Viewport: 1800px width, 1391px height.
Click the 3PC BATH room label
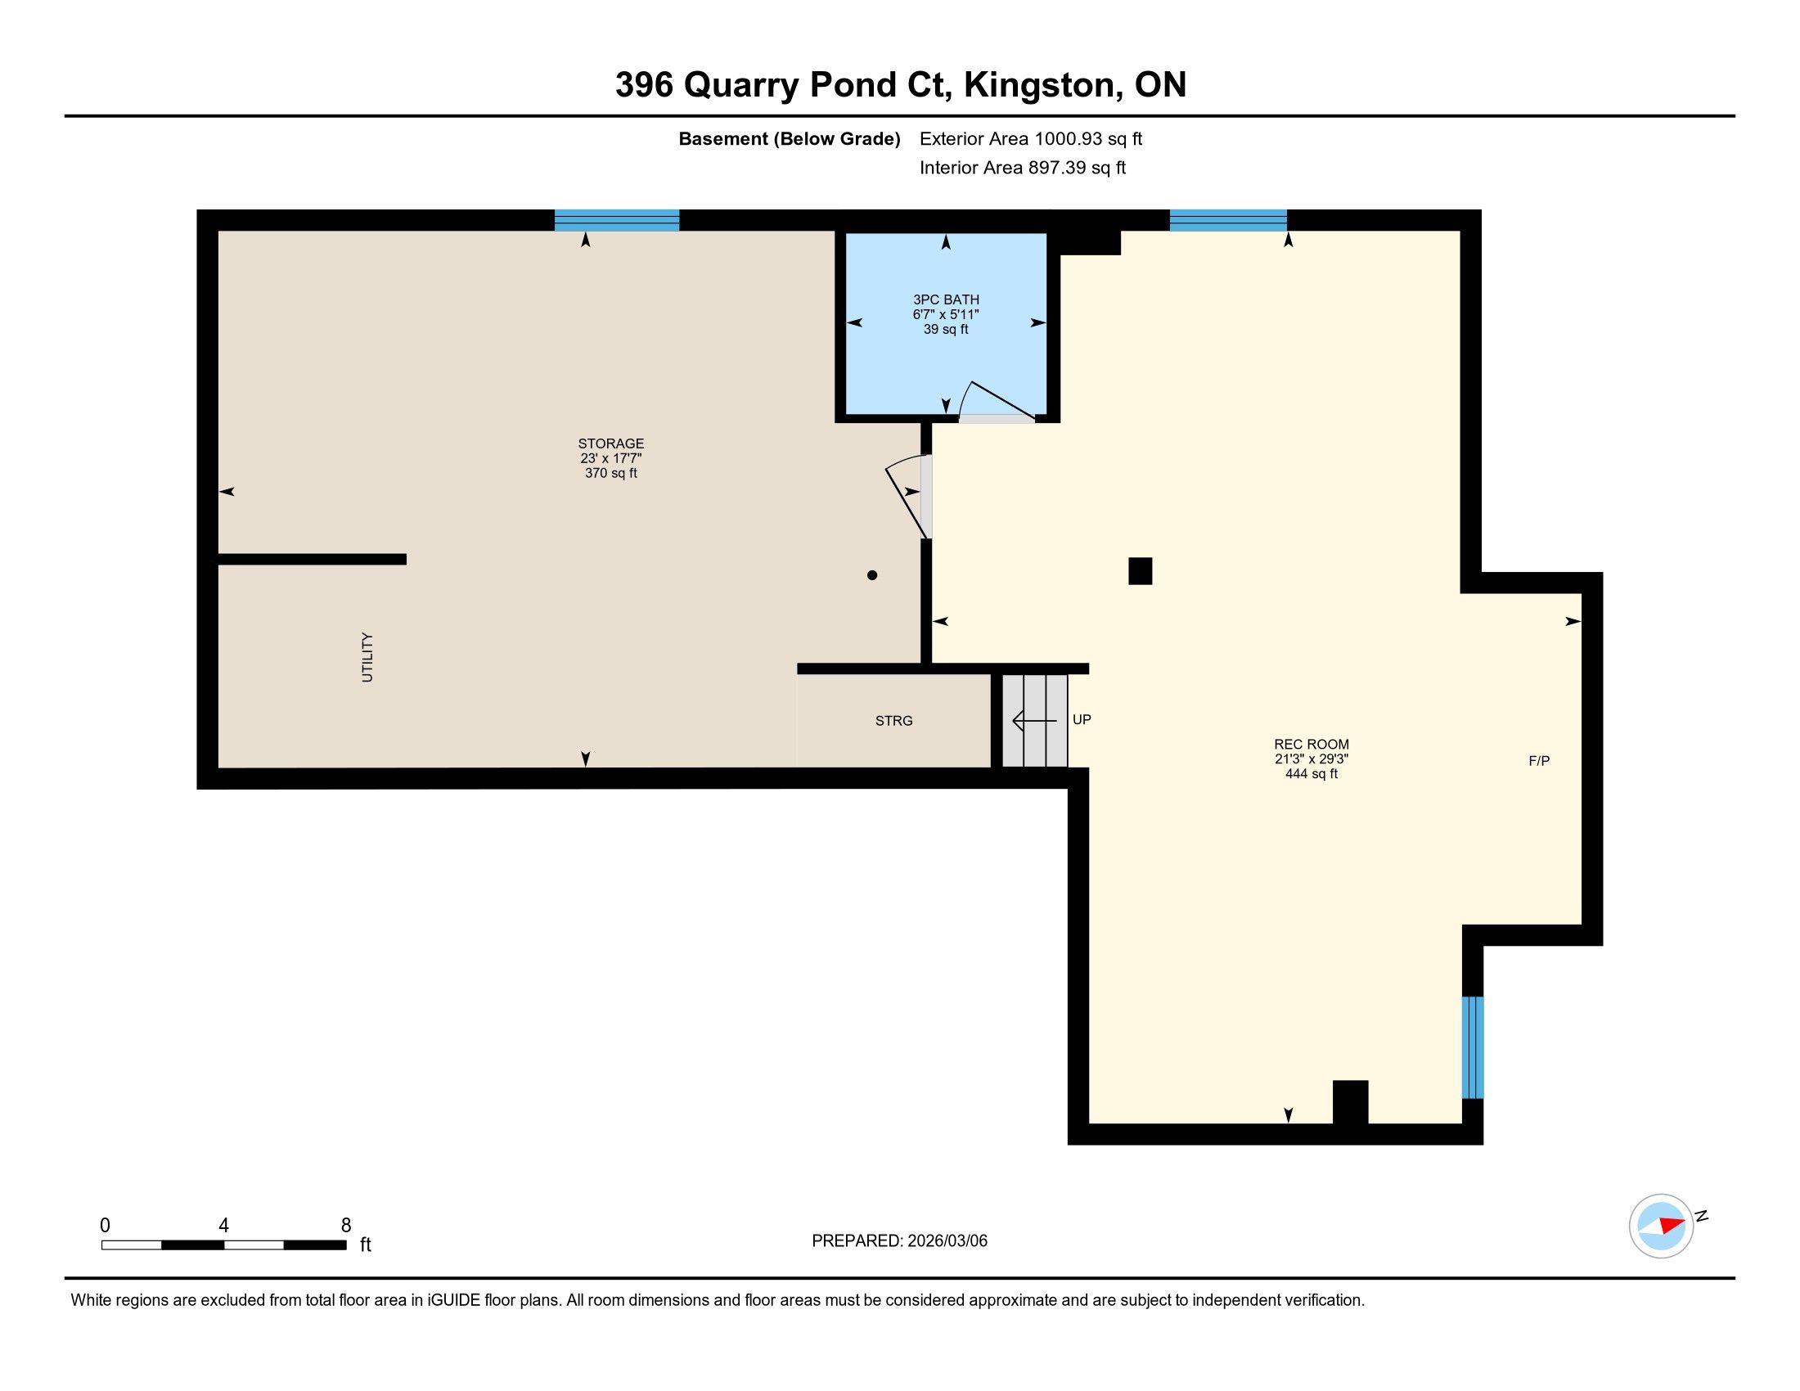click(x=945, y=300)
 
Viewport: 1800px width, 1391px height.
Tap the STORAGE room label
click(x=610, y=443)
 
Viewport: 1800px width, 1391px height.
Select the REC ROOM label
click(x=1312, y=744)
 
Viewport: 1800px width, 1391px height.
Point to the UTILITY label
click(x=367, y=657)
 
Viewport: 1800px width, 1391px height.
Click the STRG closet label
click(x=894, y=721)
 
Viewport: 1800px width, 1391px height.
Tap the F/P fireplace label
click(x=1539, y=761)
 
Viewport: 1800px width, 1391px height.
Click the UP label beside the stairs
click(x=1082, y=719)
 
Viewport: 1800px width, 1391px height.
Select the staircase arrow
click(x=1033, y=721)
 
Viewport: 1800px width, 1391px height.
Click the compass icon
click(x=1662, y=1226)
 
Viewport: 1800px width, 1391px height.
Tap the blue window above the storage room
click(x=616, y=220)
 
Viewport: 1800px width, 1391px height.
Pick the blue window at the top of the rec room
click(x=1228, y=220)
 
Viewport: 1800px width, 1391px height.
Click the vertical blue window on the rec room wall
click(x=1473, y=1047)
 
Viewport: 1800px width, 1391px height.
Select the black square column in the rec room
click(x=1140, y=571)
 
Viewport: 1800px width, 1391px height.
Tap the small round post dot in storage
click(x=872, y=575)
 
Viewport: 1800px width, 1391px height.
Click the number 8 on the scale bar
click(x=346, y=1225)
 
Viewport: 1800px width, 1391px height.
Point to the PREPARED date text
click(x=899, y=1241)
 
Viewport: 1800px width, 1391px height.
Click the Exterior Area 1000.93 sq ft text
click(x=1031, y=139)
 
